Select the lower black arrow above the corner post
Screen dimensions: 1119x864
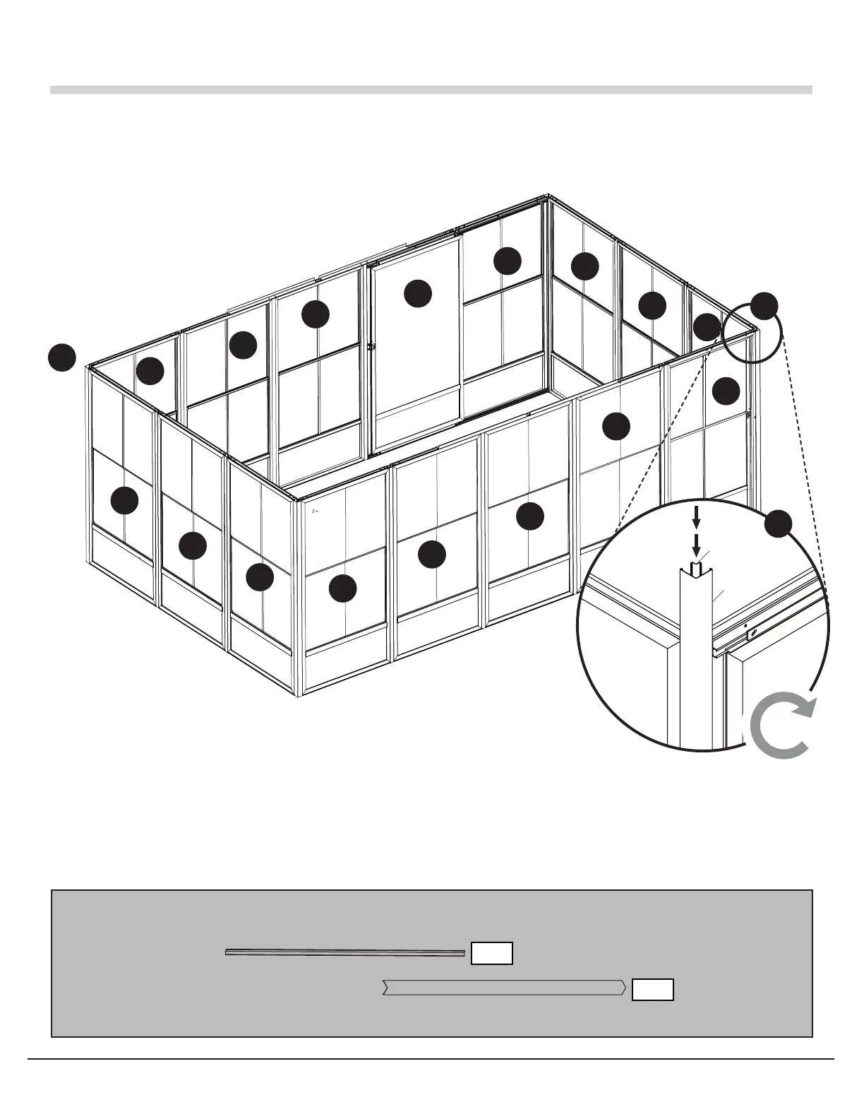[696, 545]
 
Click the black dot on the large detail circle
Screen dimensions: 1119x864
[778, 523]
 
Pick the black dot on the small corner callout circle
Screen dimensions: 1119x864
[764, 305]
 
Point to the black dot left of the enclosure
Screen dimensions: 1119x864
[62, 357]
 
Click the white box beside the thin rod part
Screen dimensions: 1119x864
[492, 953]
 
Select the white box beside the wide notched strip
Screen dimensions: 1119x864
[653, 990]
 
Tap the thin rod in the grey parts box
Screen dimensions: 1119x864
[344, 952]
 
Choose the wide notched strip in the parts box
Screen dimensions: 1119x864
[503, 988]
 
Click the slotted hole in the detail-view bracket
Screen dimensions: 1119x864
[754, 632]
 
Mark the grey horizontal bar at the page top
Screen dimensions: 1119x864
[431, 90]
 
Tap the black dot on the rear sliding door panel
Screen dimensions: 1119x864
[418, 293]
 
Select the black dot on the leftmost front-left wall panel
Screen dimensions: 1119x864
[125, 500]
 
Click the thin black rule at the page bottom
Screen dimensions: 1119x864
[431, 1059]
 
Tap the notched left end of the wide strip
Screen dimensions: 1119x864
[385, 988]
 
